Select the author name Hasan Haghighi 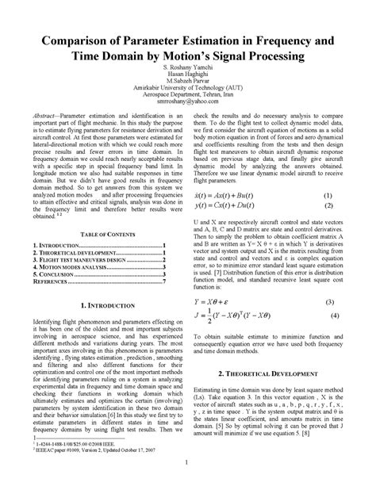tap(188, 78)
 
